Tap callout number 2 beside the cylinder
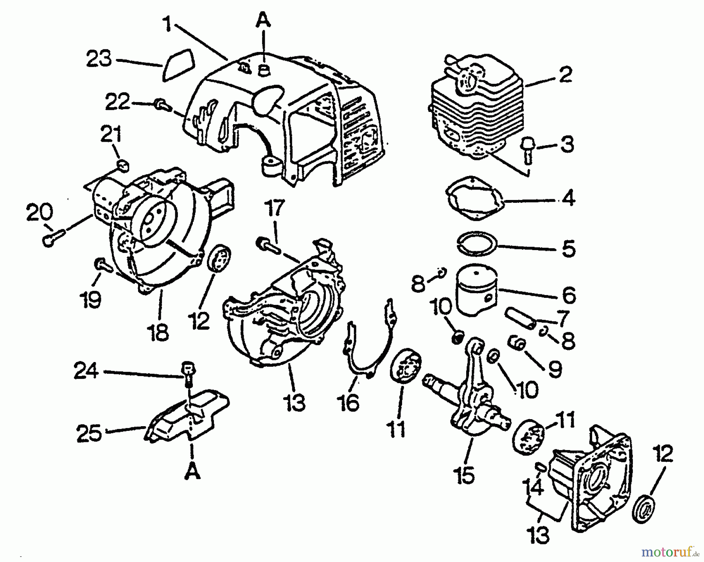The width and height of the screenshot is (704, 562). coord(566,75)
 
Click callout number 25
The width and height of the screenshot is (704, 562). coord(90,433)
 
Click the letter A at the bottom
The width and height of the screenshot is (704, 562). coord(192,473)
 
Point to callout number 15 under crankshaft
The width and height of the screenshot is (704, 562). coord(465,476)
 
